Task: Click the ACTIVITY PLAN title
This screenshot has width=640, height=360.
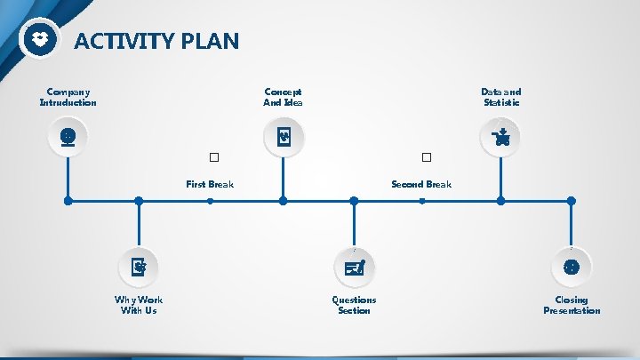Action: coord(156,41)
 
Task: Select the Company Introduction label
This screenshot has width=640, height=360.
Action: coord(68,97)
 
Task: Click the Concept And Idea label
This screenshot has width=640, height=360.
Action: coord(283,97)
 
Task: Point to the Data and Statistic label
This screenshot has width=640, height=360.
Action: coord(501,97)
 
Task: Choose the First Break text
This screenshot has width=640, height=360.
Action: coord(210,184)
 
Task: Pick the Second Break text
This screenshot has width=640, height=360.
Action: coord(421,184)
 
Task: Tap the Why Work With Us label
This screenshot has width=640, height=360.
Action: coord(139,305)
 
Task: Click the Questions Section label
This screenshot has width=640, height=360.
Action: coord(354,305)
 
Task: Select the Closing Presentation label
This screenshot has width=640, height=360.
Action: coord(572,305)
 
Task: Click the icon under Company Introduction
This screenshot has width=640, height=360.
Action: coord(68,138)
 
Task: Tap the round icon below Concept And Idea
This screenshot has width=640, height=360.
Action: coord(284,138)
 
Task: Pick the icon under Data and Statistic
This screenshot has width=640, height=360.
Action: coord(500,138)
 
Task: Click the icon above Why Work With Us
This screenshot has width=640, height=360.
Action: coord(139,266)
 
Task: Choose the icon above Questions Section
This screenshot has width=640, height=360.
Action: coord(354,266)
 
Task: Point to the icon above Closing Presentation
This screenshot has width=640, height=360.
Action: coord(572,266)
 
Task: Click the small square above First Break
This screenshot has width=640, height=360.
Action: coord(213,157)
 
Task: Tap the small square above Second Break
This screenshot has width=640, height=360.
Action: coord(427,157)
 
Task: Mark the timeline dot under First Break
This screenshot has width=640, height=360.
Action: coord(210,201)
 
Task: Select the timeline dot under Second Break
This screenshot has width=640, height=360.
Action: coord(422,201)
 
